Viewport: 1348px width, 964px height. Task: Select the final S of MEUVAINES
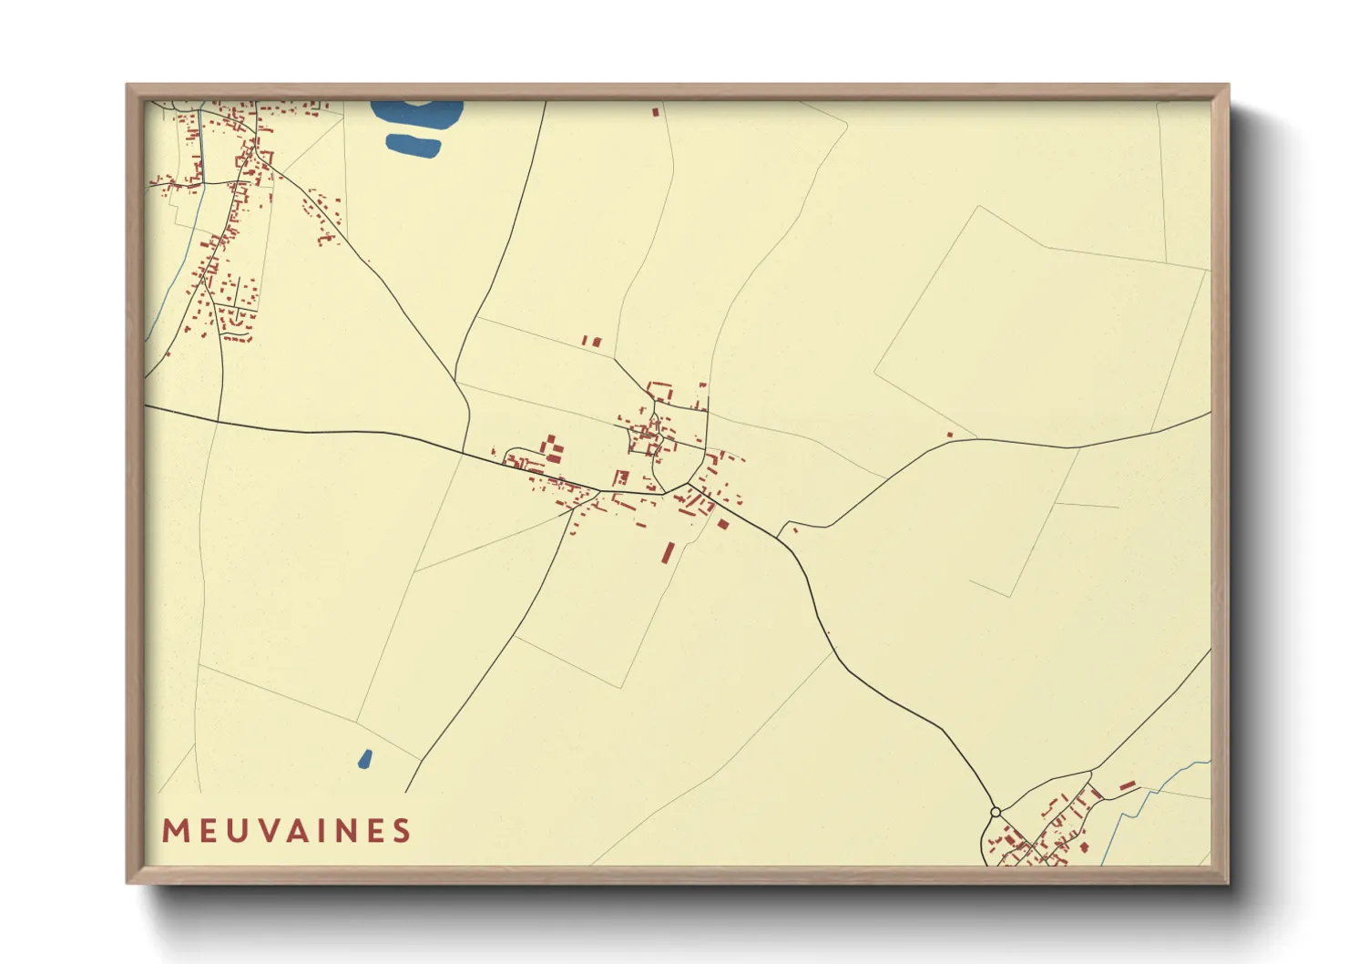click(x=402, y=831)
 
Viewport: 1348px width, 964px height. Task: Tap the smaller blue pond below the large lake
click(x=414, y=145)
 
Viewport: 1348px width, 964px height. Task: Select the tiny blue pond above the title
click(x=365, y=758)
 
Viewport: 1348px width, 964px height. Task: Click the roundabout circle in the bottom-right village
click(x=996, y=812)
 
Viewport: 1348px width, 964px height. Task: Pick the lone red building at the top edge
click(x=655, y=112)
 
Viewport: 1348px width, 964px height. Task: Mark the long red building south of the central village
click(x=669, y=553)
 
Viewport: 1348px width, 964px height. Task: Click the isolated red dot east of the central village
click(x=950, y=435)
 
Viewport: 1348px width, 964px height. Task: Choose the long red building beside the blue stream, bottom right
click(x=1128, y=785)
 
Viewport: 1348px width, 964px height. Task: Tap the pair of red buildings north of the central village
click(x=592, y=342)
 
